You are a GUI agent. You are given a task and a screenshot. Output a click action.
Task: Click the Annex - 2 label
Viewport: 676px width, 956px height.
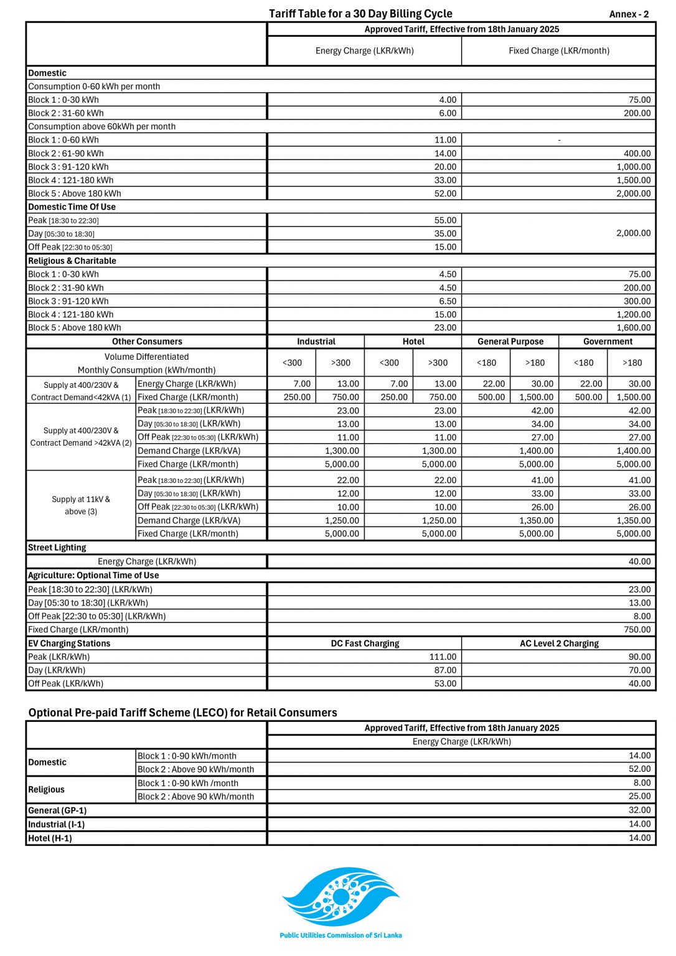pyautogui.click(x=629, y=14)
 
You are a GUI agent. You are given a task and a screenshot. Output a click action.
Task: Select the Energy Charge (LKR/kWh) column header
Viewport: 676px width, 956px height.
pyautogui.click(x=364, y=51)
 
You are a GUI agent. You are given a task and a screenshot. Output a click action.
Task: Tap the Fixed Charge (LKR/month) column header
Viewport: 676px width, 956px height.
pyautogui.click(x=558, y=51)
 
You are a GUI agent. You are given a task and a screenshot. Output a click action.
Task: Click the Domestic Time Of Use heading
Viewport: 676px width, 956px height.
pyautogui.click(x=72, y=207)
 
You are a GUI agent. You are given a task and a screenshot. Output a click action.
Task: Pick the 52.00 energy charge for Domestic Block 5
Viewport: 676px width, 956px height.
pyautogui.click(x=445, y=194)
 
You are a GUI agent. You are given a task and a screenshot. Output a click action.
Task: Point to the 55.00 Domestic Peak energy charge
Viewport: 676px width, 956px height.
pyautogui.click(x=445, y=220)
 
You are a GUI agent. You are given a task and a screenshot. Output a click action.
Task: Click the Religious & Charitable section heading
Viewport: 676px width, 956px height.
pyautogui.click(x=72, y=261)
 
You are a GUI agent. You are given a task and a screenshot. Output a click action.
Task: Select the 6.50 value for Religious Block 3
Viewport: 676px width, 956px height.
pyautogui.click(x=447, y=301)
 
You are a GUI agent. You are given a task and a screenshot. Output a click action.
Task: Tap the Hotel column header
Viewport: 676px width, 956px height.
pyautogui.click(x=413, y=342)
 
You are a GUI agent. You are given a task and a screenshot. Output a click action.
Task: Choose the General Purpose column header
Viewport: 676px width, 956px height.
pyautogui.click(x=510, y=342)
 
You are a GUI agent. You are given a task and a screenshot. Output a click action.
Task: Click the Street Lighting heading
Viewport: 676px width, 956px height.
pyautogui.click(x=57, y=548)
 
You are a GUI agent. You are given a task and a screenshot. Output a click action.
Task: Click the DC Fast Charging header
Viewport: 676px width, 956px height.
pyautogui.click(x=365, y=644)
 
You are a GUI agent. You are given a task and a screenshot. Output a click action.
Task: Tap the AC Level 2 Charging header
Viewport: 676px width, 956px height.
pyautogui.click(x=559, y=644)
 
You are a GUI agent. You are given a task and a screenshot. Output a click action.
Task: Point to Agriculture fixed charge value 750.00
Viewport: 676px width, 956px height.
pyautogui.click(x=637, y=629)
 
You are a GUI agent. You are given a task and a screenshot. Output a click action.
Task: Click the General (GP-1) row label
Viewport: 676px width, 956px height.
pyautogui.click(x=57, y=810)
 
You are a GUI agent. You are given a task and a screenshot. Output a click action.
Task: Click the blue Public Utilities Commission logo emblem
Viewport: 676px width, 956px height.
pyautogui.click(x=340, y=897)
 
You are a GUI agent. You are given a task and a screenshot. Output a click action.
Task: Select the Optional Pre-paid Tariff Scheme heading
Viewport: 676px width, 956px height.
pyautogui.click(x=182, y=713)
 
